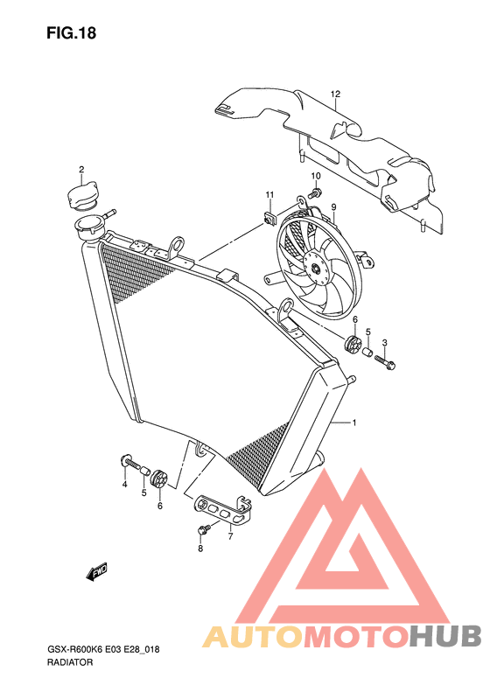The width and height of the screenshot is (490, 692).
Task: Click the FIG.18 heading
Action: pyautogui.click(x=71, y=33)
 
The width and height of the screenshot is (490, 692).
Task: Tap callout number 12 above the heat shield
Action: pyautogui.click(x=335, y=94)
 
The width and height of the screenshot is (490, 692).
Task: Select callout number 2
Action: pyautogui.click(x=81, y=170)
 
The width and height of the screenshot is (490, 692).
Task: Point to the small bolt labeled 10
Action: pyautogui.click(x=316, y=192)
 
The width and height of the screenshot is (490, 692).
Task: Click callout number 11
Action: pyautogui.click(x=269, y=195)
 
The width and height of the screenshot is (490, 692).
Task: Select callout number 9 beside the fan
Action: pyautogui.click(x=333, y=206)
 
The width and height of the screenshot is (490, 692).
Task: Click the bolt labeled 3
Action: pyautogui.click(x=385, y=361)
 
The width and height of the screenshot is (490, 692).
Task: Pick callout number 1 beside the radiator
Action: pyautogui.click(x=354, y=423)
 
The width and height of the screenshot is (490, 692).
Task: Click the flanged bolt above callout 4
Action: pyautogui.click(x=129, y=462)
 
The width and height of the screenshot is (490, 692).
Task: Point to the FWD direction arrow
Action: pyautogui.click(x=96, y=572)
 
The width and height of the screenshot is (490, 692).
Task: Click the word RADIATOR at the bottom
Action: pyautogui.click(x=69, y=662)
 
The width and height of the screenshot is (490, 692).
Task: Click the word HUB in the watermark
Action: pyautogui.click(x=444, y=636)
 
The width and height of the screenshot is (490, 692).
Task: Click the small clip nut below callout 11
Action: pyautogui.click(x=269, y=218)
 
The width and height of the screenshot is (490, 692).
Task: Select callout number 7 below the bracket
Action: pyautogui.click(x=230, y=536)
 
